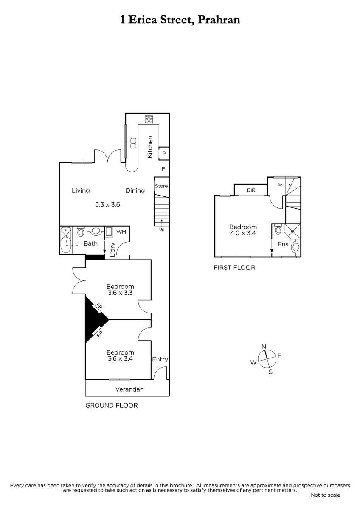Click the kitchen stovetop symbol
[x=149, y=119]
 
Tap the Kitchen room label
[x=150, y=147]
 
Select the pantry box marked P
[x=164, y=154]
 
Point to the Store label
[x=161, y=186]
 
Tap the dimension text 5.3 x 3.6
[x=107, y=204]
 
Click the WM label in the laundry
[x=121, y=232]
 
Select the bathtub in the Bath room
[x=66, y=240]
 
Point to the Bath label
[x=90, y=243]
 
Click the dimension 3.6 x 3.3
[x=120, y=293]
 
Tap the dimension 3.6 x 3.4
[x=120, y=358]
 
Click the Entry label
[x=160, y=360]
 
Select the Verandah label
[x=129, y=389]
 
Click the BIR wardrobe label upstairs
[x=251, y=190]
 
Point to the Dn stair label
[x=280, y=185]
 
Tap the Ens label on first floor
[x=283, y=244]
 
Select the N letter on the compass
[x=264, y=347]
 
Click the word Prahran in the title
[x=219, y=20]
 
